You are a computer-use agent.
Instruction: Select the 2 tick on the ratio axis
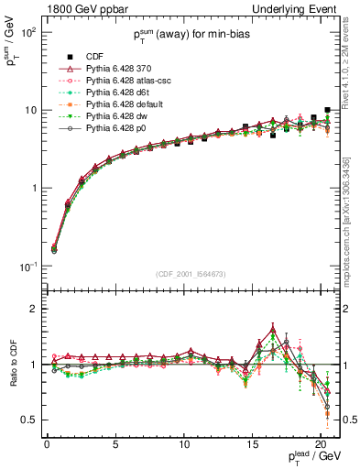click(35, 309)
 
